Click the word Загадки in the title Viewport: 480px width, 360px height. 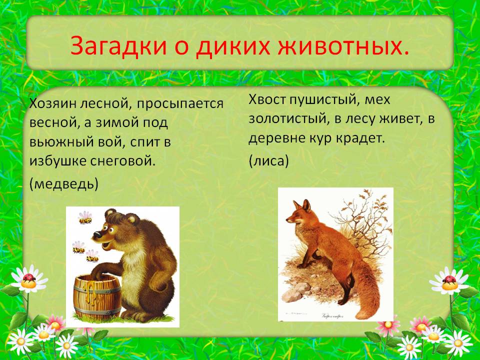(x=118, y=46)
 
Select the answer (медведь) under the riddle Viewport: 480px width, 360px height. (x=63, y=184)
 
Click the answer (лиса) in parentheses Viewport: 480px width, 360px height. (x=268, y=160)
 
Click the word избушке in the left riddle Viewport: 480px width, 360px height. (x=57, y=160)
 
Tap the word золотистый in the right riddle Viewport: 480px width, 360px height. (x=287, y=119)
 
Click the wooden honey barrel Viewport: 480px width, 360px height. (x=97, y=296)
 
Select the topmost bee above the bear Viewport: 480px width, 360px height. (x=85, y=217)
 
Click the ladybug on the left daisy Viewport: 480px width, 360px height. (x=29, y=278)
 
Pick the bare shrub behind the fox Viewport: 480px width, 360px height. (x=364, y=223)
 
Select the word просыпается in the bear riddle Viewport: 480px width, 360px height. (x=180, y=104)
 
